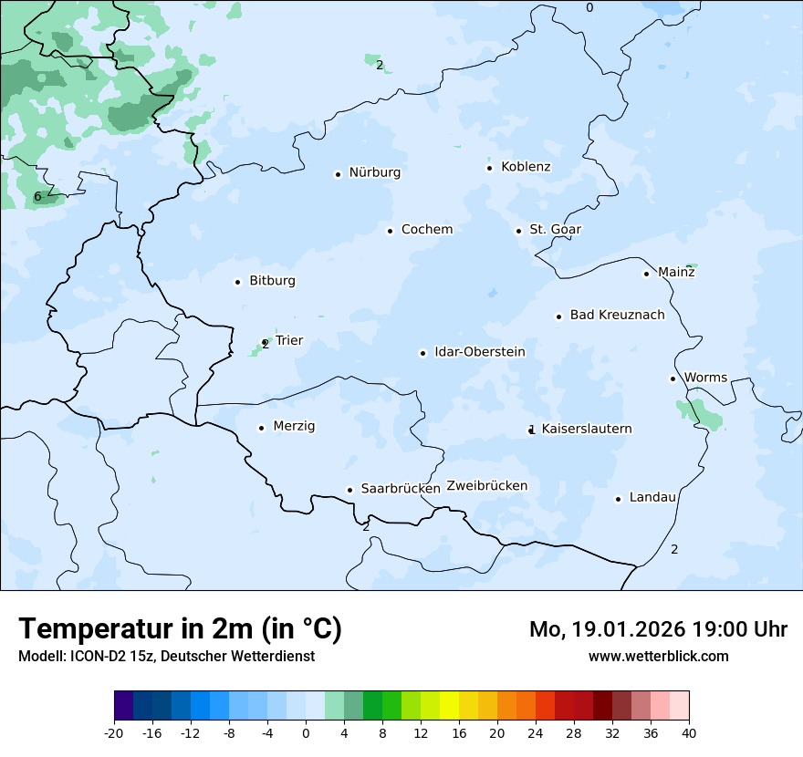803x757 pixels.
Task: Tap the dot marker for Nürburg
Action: tap(338, 174)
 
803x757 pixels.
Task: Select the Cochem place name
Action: tap(426, 230)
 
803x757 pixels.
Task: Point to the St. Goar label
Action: tap(555, 230)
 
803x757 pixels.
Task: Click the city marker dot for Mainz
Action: tap(646, 274)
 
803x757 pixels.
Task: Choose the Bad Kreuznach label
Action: tap(617, 316)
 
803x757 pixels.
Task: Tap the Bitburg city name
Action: tap(272, 281)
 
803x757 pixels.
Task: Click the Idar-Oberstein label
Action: tap(479, 352)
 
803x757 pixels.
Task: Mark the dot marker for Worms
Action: tap(673, 378)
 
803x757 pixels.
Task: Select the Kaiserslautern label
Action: tap(586, 429)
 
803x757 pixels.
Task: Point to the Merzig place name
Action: tap(294, 427)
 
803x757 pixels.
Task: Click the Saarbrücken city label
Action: tap(401, 489)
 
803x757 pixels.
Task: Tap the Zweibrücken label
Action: tap(486, 486)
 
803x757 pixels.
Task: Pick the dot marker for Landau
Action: tap(618, 499)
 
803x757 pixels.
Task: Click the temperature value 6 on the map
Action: tap(37, 197)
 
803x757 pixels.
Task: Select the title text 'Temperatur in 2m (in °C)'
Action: tap(180, 629)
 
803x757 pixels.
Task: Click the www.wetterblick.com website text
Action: tap(658, 656)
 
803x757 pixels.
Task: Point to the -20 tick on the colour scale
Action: tap(114, 732)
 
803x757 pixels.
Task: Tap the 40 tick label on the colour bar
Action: tap(689, 732)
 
